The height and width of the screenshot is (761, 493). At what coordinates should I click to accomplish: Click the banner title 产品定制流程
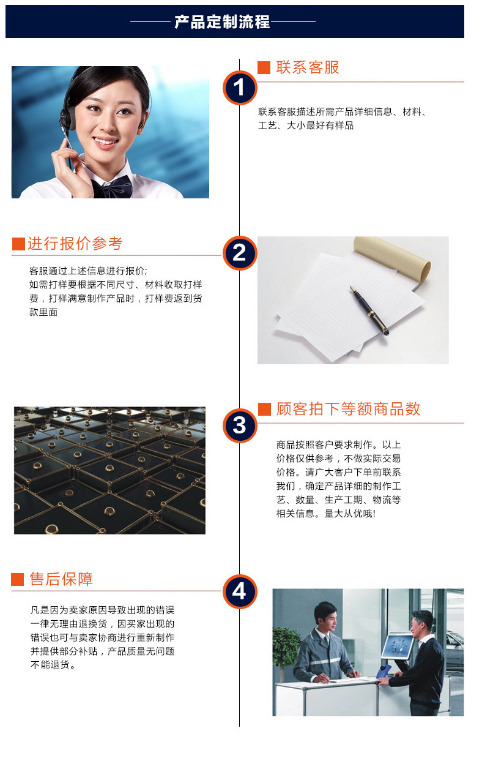tap(222, 22)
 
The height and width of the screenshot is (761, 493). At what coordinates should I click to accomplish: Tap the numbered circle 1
tap(240, 88)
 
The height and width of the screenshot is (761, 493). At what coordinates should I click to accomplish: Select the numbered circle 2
tap(240, 253)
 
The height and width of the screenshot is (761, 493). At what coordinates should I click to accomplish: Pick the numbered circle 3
tap(240, 425)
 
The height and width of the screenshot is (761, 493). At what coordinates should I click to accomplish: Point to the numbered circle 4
tap(240, 591)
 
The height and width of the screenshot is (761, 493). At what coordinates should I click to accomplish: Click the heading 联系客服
tap(307, 67)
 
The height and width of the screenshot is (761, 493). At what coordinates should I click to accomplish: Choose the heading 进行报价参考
tap(75, 244)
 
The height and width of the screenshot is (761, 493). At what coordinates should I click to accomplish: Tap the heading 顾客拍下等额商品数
tap(348, 409)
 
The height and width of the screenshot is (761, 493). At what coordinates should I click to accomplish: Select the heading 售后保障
tap(61, 579)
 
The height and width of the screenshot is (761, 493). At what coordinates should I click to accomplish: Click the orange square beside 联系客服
tap(264, 67)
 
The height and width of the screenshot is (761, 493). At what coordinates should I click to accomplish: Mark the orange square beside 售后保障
tap(17, 579)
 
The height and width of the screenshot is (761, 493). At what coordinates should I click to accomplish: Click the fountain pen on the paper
tap(369, 310)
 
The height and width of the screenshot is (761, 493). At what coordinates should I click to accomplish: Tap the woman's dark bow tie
tap(111, 187)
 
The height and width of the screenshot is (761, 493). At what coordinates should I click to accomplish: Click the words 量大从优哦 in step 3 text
tap(349, 513)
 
